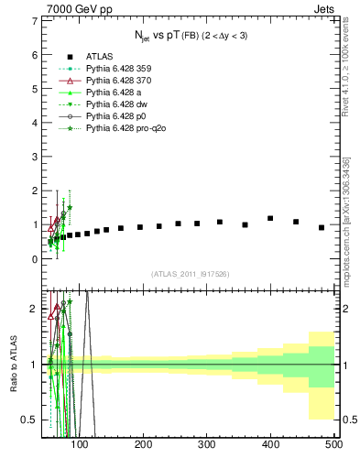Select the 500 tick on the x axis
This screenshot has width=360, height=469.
point(333,444)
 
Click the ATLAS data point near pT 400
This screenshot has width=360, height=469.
point(270,218)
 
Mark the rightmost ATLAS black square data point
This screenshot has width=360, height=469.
point(322,227)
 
